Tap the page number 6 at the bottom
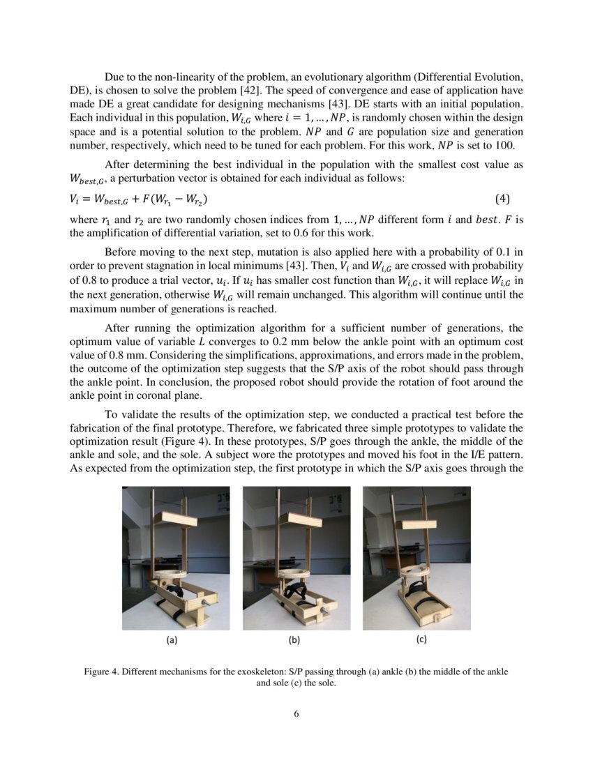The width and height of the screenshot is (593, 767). click(296, 714)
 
